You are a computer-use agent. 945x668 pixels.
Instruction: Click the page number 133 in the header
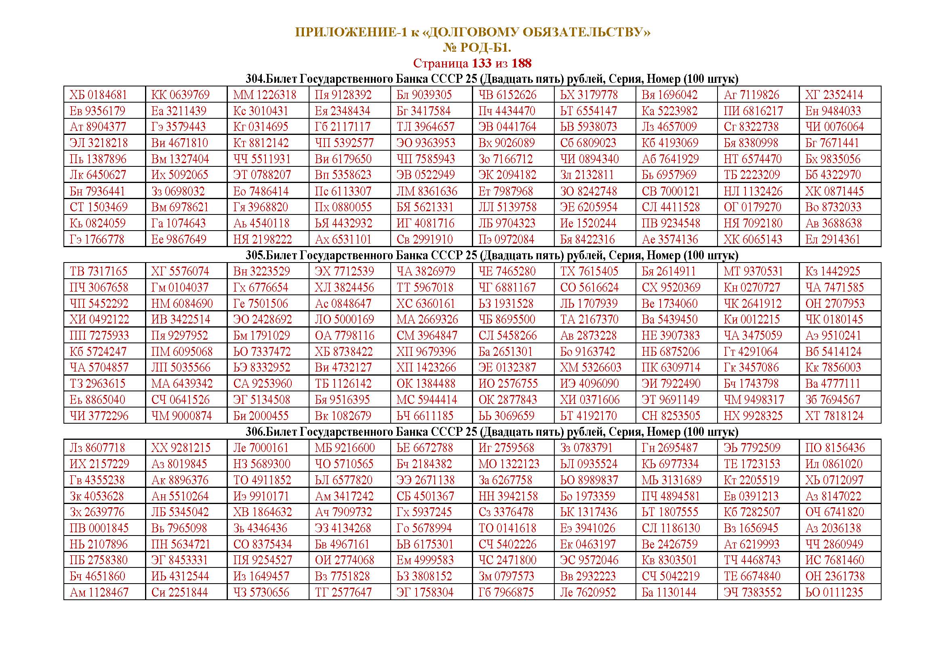coord(481,63)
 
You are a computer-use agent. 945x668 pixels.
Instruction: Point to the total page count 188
coord(522,63)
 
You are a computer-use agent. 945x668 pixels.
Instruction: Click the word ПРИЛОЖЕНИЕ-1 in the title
coord(350,32)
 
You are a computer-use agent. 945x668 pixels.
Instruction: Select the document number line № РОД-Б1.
coord(477,48)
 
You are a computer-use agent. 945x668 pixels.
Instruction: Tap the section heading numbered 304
coord(492,79)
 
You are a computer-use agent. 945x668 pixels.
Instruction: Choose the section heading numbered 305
coord(492,255)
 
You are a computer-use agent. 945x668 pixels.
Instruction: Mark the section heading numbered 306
coord(492,432)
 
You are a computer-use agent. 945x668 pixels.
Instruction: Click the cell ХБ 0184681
coord(98,95)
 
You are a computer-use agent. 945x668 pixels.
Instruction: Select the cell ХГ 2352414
coord(834,95)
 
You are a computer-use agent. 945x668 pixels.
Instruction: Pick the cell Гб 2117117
coord(343,127)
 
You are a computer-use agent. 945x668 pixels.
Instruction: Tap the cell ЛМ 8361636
coord(427,191)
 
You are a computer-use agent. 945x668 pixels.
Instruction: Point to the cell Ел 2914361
coord(833,239)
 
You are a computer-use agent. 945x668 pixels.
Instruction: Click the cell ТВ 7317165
coord(99,271)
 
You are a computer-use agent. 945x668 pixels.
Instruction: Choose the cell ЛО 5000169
coord(345,319)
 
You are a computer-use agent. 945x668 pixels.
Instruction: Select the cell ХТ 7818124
coord(834,416)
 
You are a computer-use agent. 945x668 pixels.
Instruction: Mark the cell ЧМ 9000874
coord(181,416)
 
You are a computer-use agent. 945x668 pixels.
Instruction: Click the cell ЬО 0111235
coord(834,592)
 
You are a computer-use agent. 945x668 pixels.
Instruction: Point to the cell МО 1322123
coord(509,464)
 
